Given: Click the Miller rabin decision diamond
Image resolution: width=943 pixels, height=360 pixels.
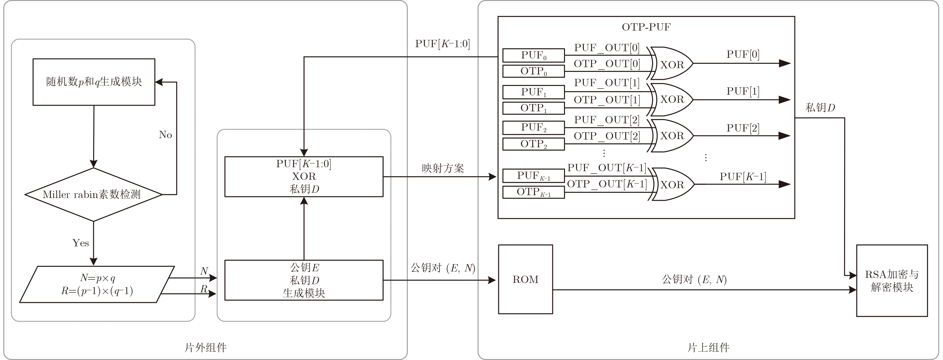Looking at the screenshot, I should point(93,194).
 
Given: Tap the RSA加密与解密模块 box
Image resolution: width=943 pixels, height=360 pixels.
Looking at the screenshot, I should point(892,281).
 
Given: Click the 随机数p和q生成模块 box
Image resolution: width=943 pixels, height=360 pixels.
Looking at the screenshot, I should point(94,82).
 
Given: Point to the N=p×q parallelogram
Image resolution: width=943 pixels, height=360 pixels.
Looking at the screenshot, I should point(97,284).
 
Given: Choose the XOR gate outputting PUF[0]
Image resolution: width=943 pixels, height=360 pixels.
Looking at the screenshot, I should point(672,64).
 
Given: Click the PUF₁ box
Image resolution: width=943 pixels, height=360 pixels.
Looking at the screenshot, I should point(533,92).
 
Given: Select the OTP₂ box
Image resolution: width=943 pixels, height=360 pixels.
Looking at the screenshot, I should point(533,144).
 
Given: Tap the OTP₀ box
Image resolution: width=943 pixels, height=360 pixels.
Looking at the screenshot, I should point(533,71).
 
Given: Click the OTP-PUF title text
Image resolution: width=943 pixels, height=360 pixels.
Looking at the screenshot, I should point(646,27).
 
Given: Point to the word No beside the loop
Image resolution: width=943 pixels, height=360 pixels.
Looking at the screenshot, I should point(165,135).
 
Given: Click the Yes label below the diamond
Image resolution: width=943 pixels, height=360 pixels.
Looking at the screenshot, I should point(81,243).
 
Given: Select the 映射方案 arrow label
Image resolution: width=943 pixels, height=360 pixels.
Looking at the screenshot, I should point(443,168).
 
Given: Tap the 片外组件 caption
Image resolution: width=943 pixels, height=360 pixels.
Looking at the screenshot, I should point(205,347).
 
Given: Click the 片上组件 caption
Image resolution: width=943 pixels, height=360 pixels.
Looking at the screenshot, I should point(708,347).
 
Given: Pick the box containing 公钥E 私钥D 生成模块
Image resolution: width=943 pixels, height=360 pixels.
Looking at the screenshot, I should point(304,280).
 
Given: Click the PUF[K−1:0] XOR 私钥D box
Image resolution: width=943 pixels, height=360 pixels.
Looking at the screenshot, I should point(304,177).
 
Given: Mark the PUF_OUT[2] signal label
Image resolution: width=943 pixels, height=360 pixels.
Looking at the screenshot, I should point(607,120).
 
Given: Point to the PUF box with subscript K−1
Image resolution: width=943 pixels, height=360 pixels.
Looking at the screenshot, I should point(533,176).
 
